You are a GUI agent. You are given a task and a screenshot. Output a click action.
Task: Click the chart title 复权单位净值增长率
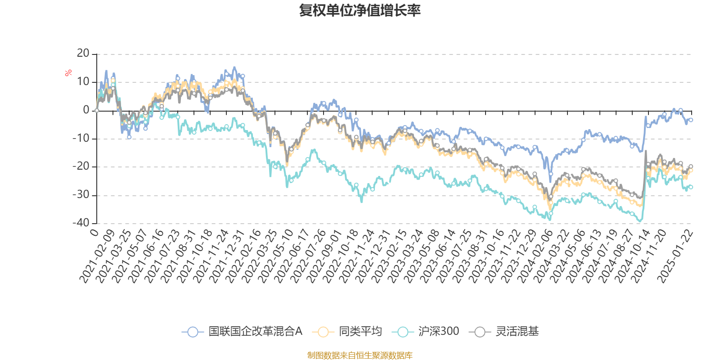pyautogui.click(x=360, y=10)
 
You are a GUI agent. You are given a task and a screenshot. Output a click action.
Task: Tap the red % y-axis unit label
pyautogui.click(x=68, y=73)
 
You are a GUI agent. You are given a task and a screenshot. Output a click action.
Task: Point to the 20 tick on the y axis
pyautogui.click(x=83, y=54)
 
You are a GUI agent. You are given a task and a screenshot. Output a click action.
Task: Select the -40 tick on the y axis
pyautogui.click(x=81, y=223)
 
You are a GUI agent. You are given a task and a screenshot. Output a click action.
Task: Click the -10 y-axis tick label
pyautogui.click(x=81, y=138)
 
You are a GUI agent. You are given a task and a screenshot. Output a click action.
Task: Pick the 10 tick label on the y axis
pyautogui.click(x=83, y=82)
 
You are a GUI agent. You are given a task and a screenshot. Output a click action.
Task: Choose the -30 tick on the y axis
pyautogui.click(x=81, y=194)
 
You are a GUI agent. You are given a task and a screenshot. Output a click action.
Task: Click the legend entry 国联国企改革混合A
pyautogui.click(x=255, y=332)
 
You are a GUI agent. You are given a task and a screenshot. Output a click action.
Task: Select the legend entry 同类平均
pyautogui.click(x=360, y=332)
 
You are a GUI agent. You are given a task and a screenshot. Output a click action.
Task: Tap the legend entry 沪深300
pyautogui.click(x=438, y=332)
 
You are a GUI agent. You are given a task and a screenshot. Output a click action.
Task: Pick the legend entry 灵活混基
pyautogui.click(x=517, y=332)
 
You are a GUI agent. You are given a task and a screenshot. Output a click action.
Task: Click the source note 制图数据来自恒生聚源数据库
pyautogui.click(x=360, y=355)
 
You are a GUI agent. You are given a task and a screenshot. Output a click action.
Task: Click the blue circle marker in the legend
pyautogui.click(x=193, y=332)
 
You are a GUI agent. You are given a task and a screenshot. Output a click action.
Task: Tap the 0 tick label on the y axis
pyautogui.click(x=86, y=110)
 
